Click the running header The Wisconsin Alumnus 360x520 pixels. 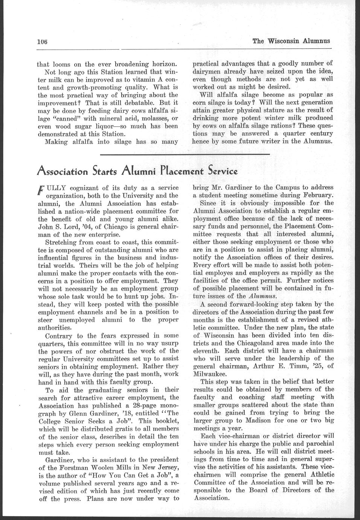(x=291, y=41)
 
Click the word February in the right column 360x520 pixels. (x=318, y=195)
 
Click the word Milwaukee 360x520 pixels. (x=210, y=374)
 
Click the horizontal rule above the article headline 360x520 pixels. (x=185, y=154)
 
